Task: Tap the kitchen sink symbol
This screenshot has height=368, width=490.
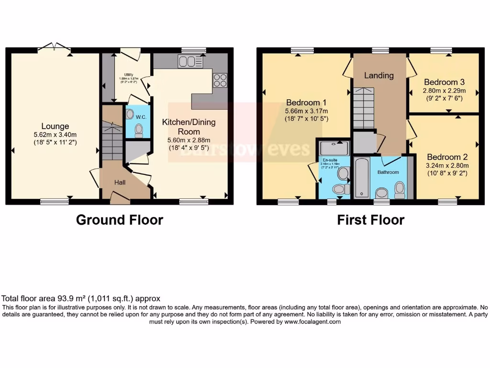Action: click(x=190, y=61)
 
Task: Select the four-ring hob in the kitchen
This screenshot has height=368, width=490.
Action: click(x=220, y=80)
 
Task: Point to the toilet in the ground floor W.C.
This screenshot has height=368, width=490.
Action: click(x=139, y=130)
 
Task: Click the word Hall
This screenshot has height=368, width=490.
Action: click(x=120, y=182)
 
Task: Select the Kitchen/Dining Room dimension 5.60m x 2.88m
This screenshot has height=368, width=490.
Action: click(x=189, y=139)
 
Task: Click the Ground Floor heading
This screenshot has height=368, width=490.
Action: click(x=120, y=220)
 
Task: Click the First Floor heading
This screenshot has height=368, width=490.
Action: click(x=371, y=220)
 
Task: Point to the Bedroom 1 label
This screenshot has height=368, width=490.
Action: click(x=306, y=103)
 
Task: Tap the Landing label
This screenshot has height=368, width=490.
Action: click(x=379, y=75)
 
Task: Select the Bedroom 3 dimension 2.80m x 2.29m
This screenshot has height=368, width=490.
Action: click(x=444, y=90)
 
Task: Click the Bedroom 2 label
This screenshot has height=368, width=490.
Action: click(x=447, y=157)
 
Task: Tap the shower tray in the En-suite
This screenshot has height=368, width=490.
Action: click(x=334, y=148)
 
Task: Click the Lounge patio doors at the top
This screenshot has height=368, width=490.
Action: click(x=54, y=47)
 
